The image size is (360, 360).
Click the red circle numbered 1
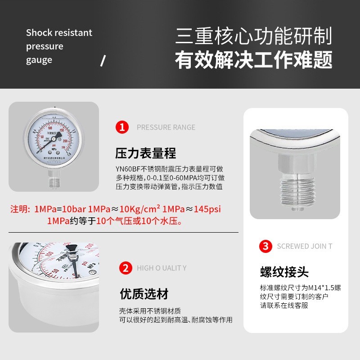point(122,127)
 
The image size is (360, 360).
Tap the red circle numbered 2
point(125,269)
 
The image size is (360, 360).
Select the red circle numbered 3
point(266,247)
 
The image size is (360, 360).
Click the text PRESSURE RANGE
point(166,127)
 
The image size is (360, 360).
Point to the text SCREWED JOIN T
point(305,247)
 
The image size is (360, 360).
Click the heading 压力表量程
point(145,153)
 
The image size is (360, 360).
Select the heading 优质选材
point(144,294)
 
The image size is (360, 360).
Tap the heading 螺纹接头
point(284,272)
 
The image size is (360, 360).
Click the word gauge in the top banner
point(39,60)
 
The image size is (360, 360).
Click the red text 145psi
point(210,210)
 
